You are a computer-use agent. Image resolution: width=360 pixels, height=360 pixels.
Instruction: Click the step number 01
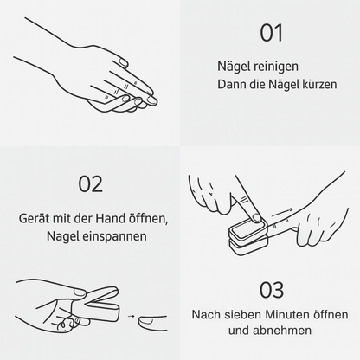coord(271,33)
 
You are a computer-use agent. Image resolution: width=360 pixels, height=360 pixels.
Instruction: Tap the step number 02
coord(90,183)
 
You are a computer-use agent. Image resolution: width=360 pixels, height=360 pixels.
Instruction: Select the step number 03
coord(271,289)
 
